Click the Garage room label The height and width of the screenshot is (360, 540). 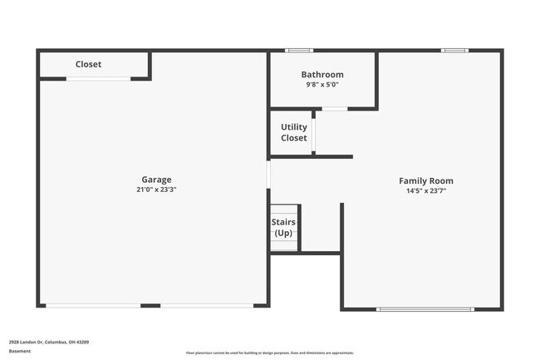tap(156, 180)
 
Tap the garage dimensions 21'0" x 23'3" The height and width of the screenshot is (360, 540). tap(156, 190)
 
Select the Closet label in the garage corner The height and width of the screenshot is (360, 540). tap(88, 64)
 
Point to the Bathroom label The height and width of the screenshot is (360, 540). tap(322, 75)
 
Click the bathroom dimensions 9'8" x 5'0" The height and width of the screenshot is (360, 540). tap(322, 85)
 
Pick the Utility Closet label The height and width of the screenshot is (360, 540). tap(294, 132)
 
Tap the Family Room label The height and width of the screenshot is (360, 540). tap(426, 180)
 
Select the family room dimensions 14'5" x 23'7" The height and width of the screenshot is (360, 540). tap(426, 190)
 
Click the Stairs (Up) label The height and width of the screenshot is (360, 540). tap(284, 228)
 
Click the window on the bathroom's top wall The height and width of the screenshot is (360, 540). tap(299, 51)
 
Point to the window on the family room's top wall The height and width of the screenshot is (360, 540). tap(454, 51)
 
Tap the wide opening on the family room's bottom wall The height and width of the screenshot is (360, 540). tap(426, 309)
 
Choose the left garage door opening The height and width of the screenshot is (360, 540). tap(92, 306)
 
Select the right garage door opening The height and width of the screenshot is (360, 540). tap(207, 306)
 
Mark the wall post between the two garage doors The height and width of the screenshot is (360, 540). tap(150, 306)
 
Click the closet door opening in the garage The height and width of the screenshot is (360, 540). tap(98, 79)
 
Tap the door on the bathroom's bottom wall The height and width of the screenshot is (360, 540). tap(334, 109)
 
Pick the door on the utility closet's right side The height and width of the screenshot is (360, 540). tap(313, 132)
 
